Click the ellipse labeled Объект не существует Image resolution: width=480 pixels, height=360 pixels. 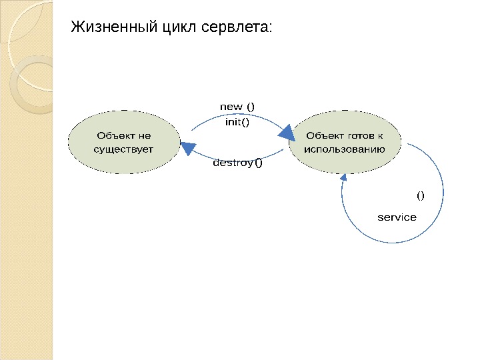[123, 142]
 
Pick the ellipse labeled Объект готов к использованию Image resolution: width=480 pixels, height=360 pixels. [345, 142]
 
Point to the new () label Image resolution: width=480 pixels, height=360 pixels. [237, 107]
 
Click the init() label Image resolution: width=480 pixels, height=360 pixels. [237, 122]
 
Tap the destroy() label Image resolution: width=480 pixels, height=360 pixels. [237, 163]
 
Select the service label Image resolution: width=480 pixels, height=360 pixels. [397, 217]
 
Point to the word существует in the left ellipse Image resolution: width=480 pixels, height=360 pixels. [123, 149]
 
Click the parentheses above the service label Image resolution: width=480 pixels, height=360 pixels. [421, 196]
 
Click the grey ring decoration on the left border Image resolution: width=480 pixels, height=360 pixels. [31, 83]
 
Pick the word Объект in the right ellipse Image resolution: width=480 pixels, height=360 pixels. [322, 136]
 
